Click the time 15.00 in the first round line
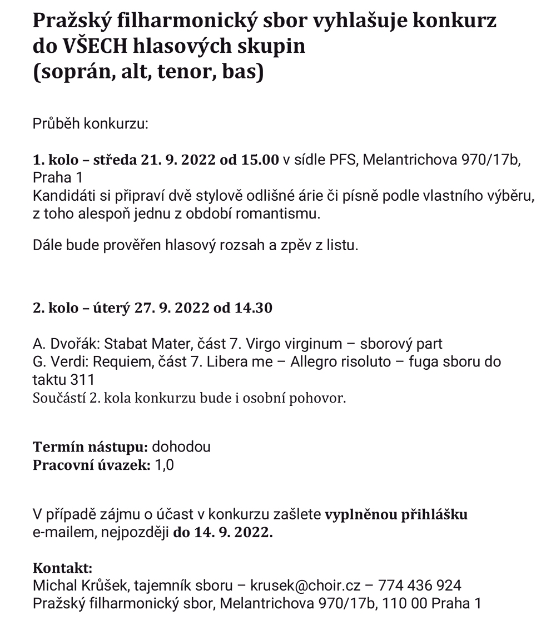[x=260, y=161]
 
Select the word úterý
[x=110, y=307]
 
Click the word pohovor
[x=322, y=398]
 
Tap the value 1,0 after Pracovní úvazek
[x=164, y=465]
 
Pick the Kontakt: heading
[x=63, y=568]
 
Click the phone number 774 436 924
[x=419, y=586]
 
